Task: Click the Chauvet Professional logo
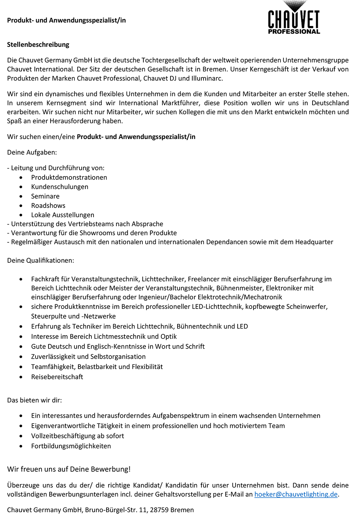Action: (294, 18)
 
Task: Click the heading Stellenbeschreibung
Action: (38, 45)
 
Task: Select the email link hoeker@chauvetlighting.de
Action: (296, 494)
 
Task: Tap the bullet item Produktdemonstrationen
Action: (69, 178)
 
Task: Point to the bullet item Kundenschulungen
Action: (59, 187)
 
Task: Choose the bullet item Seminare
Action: (45, 196)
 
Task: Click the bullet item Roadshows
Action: (48, 205)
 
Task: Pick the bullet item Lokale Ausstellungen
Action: (63, 215)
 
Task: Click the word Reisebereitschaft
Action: (57, 377)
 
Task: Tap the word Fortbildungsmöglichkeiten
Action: (71, 446)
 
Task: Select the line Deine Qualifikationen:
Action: (40, 261)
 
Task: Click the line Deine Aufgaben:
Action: (32, 152)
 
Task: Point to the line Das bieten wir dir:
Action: (34, 400)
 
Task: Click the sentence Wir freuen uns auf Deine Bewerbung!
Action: (69, 469)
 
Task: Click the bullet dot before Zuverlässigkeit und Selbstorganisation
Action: (22, 357)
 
